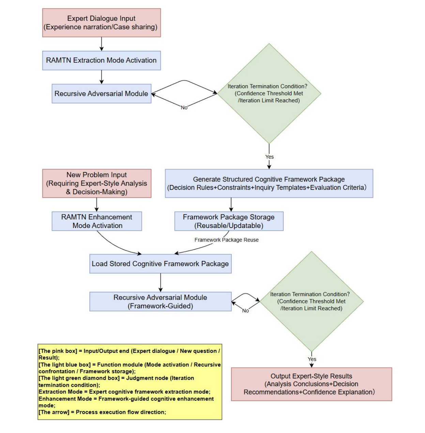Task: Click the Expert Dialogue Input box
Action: tap(101, 23)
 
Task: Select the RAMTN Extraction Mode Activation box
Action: tap(101, 60)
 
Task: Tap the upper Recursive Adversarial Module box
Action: tap(101, 93)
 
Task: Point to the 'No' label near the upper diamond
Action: tap(184, 107)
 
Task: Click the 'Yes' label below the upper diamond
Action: tap(269, 157)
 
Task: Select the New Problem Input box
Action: tap(96, 183)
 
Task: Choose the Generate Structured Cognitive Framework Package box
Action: tap(269, 183)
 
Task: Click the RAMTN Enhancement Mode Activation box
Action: tap(97, 221)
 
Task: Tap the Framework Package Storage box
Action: tap(229, 221)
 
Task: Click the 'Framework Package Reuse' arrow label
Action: tap(226, 240)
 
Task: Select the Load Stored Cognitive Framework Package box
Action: tap(160, 263)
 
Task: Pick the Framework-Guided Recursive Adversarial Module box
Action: tap(160, 301)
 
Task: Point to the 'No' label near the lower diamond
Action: tap(245, 311)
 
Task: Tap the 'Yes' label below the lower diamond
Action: tap(312, 359)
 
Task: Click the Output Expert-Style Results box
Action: tap(311, 384)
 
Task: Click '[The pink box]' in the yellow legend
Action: tap(58, 351)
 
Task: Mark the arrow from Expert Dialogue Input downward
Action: tap(102, 44)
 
